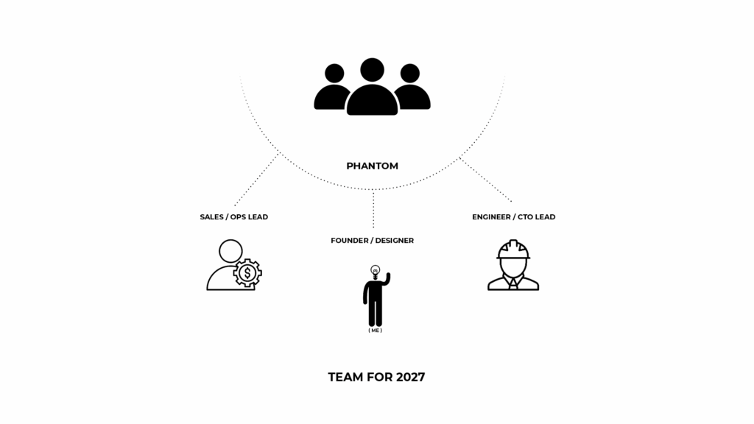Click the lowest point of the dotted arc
coord(373,189)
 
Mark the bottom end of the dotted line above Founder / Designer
coord(373,227)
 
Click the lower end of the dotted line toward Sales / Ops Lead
coord(235,206)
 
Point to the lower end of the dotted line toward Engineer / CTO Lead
coord(512,202)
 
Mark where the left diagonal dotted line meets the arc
coord(278,155)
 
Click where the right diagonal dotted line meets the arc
coord(460,158)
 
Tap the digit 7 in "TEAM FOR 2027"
coord(420,378)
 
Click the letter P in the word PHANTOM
coord(350,166)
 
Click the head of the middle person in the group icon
coord(372,70)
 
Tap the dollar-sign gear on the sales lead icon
coord(247,273)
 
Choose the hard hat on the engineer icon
coord(513,250)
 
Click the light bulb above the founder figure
coord(375,272)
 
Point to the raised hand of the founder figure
coord(387,278)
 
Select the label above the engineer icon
coord(513,217)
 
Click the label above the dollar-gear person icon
coord(234,217)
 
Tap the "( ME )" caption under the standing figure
coord(375,331)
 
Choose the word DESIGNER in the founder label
coord(395,241)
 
